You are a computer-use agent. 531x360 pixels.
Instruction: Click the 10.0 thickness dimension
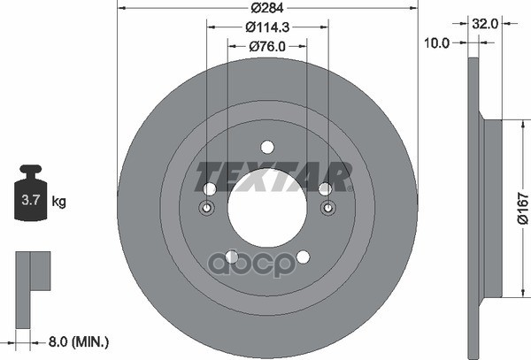click(x=438, y=42)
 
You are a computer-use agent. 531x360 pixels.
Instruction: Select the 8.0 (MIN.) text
click(x=78, y=338)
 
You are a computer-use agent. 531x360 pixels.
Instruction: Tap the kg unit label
click(x=60, y=202)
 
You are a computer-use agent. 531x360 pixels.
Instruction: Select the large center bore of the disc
click(x=266, y=209)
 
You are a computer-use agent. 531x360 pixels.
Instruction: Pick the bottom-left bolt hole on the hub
click(x=231, y=257)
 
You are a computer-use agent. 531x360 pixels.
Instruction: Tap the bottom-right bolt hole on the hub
click(x=303, y=257)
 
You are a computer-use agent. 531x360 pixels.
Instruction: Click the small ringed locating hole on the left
click(x=207, y=208)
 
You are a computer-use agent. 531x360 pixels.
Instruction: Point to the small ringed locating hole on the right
click(x=327, y=208)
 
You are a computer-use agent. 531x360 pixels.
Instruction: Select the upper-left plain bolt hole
click(x=210, y=188)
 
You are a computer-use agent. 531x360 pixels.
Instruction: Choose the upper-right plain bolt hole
click(x=325, y=188)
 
